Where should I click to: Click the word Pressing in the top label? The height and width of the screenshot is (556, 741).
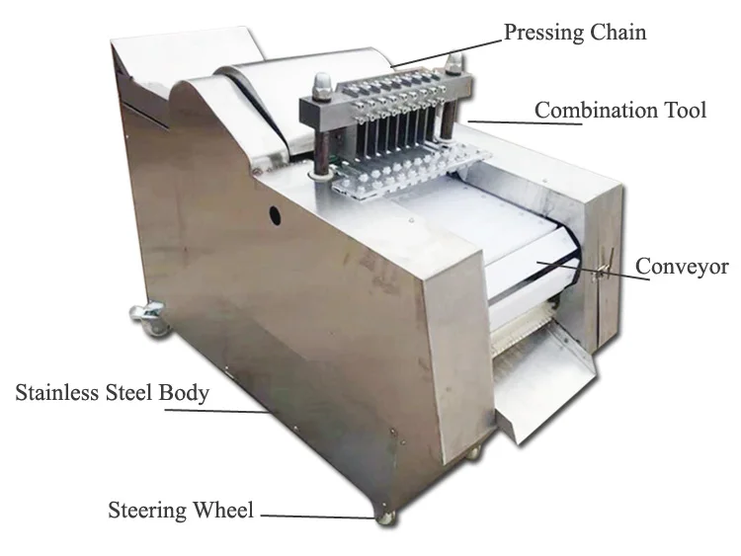pyautogui.click(x=542, y=34)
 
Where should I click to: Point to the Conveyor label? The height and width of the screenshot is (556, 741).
pyautogui.click(x=682, y=267)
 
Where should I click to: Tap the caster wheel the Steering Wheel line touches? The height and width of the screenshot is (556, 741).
pyautogui.click(x=383, y=514)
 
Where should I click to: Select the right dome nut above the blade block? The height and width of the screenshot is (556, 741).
pyautogui.click(x=455, y=64)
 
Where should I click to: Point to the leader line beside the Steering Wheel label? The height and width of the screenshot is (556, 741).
pyautogui.click(x=316, y=515)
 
